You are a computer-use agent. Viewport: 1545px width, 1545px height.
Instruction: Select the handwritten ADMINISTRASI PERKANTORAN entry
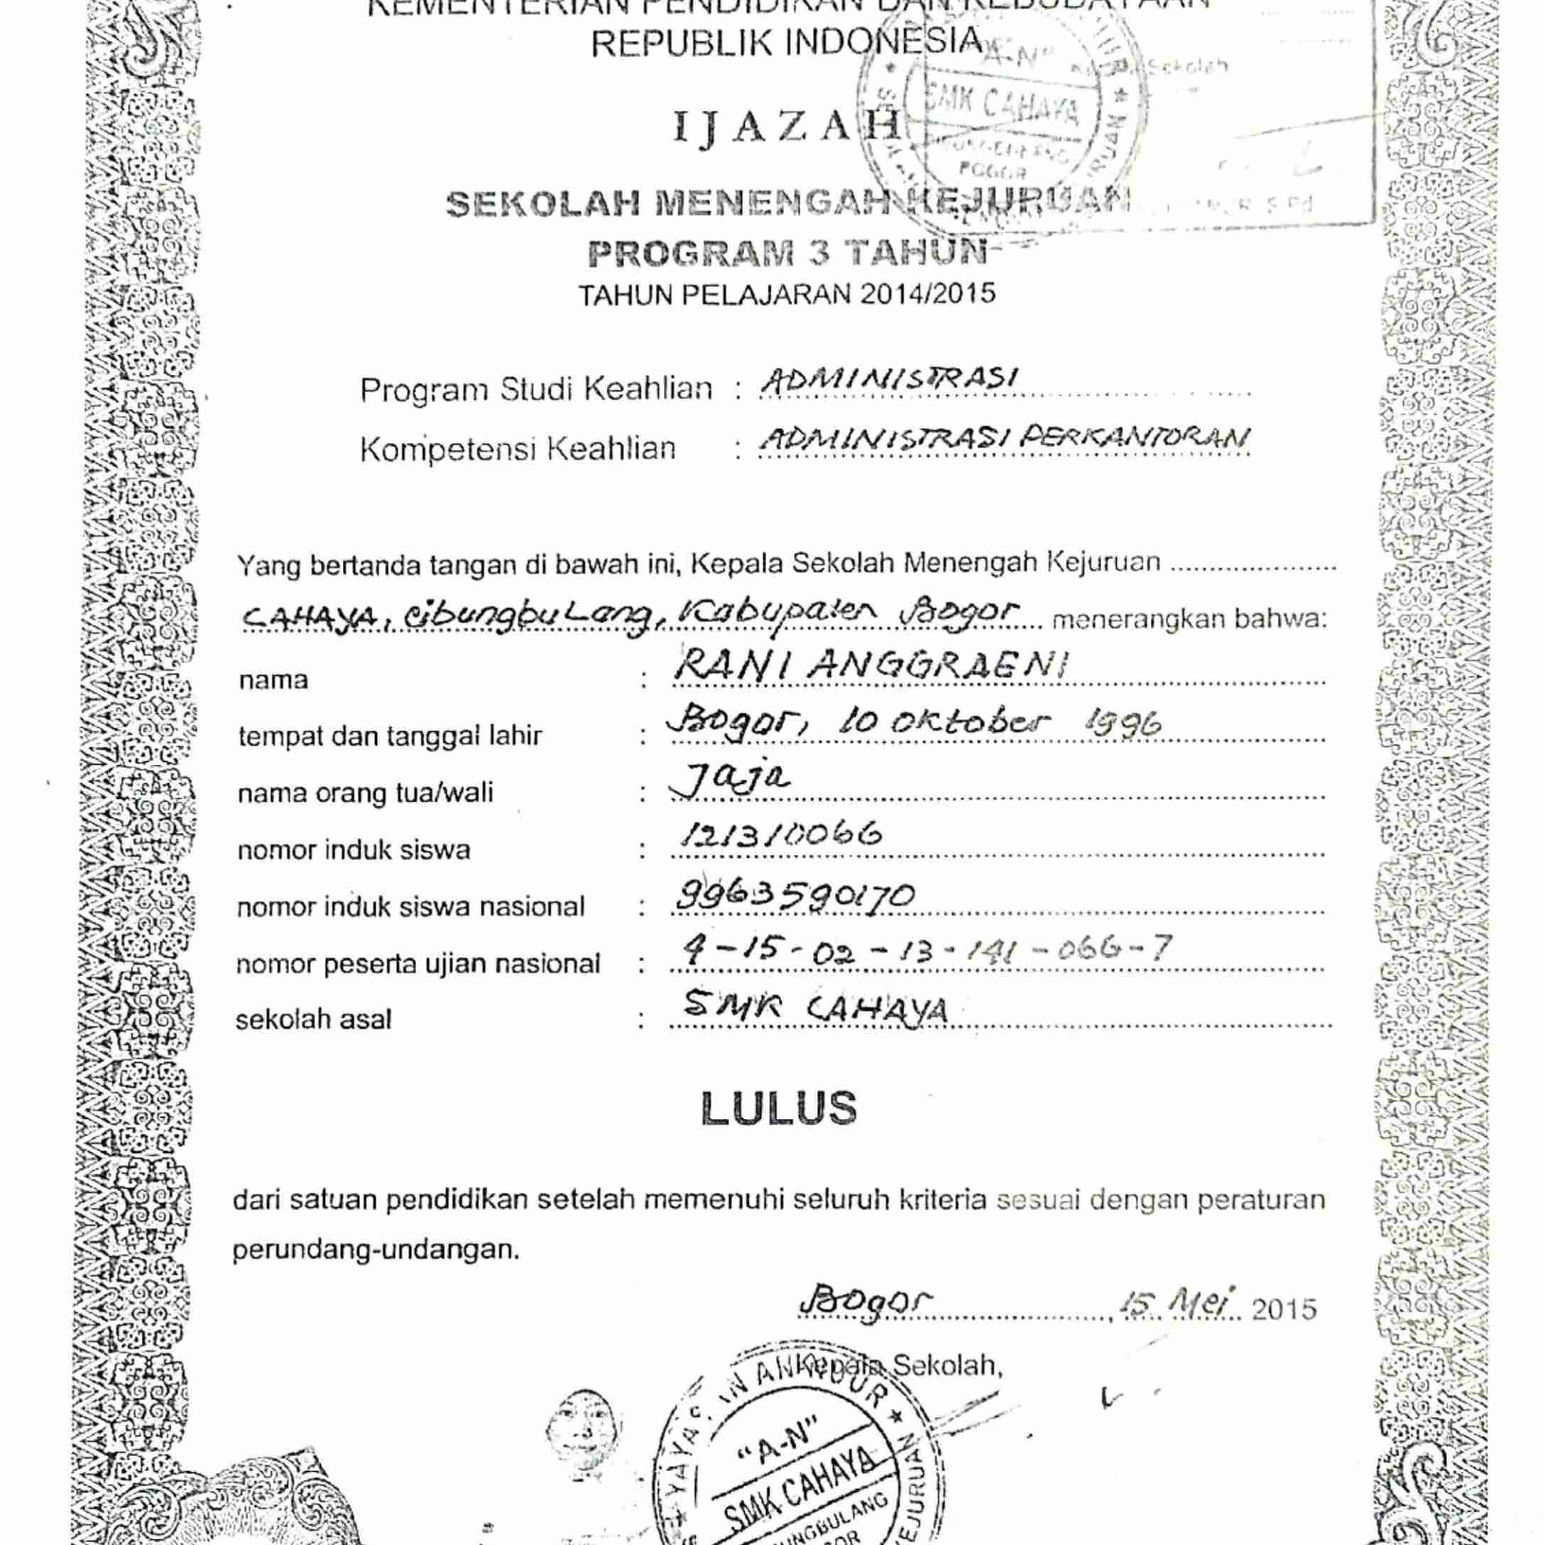[x=1003, y=439]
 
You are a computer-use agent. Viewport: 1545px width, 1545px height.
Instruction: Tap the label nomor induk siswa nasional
[x=410, y=907]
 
